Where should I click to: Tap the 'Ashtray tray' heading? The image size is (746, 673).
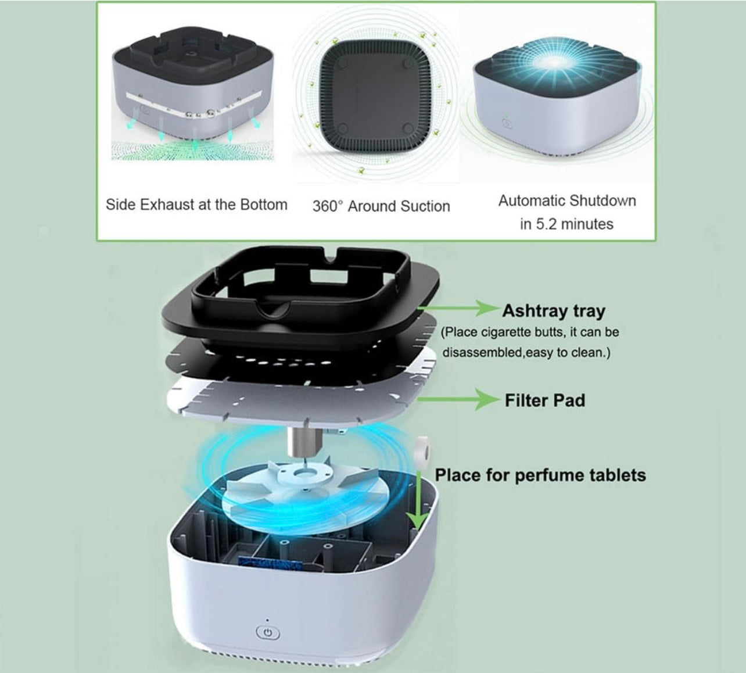553,311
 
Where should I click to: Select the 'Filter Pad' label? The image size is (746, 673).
544,400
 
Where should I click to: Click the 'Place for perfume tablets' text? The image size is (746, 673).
540,475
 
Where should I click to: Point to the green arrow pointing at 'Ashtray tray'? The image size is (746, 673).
459,309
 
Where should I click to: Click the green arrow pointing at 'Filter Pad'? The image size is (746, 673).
459,399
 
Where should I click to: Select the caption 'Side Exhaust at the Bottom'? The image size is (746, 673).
196,205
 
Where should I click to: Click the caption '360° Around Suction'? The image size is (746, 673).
381,206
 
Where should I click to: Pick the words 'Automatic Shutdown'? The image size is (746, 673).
567,201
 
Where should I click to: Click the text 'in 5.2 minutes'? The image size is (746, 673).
566,224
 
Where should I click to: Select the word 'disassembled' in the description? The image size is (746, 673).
482,353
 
